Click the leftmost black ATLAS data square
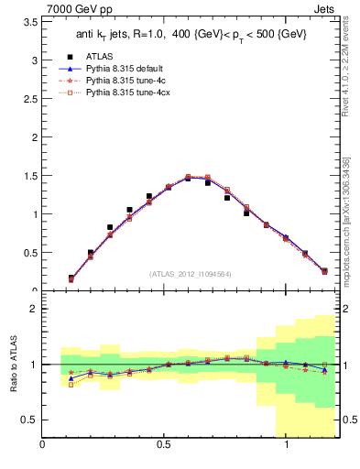(x=71, y=278)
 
